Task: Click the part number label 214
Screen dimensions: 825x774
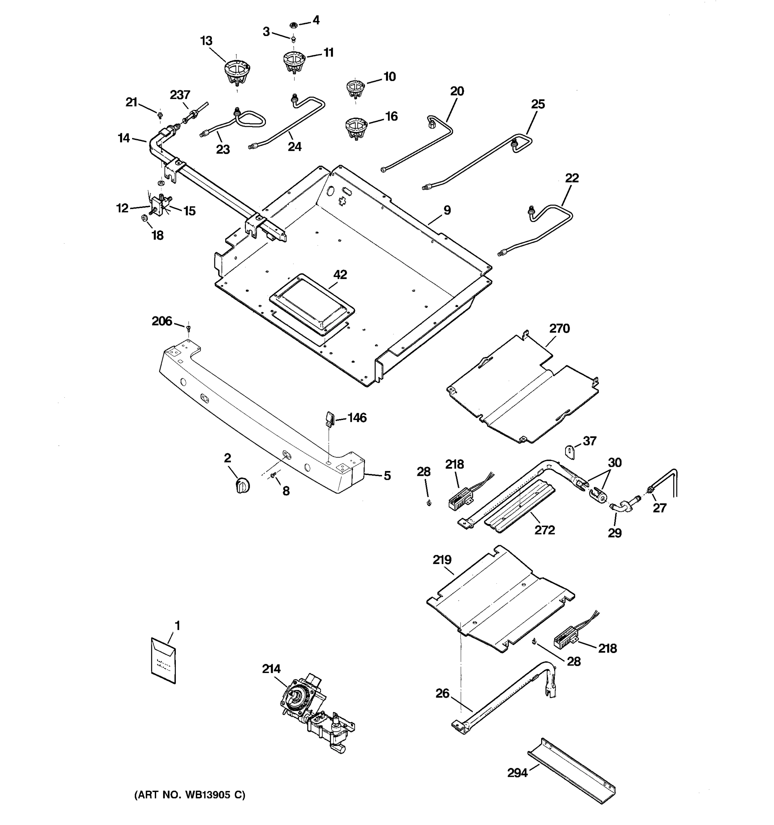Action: pos(271,669)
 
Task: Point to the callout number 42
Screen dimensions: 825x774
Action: pos(340,275)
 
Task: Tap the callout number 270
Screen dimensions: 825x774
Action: pos(559,328)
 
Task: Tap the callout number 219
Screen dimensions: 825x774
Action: pos(442,560)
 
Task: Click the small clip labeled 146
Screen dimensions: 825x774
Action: pos(330,419)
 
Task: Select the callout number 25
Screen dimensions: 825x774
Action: pos(538,104)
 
